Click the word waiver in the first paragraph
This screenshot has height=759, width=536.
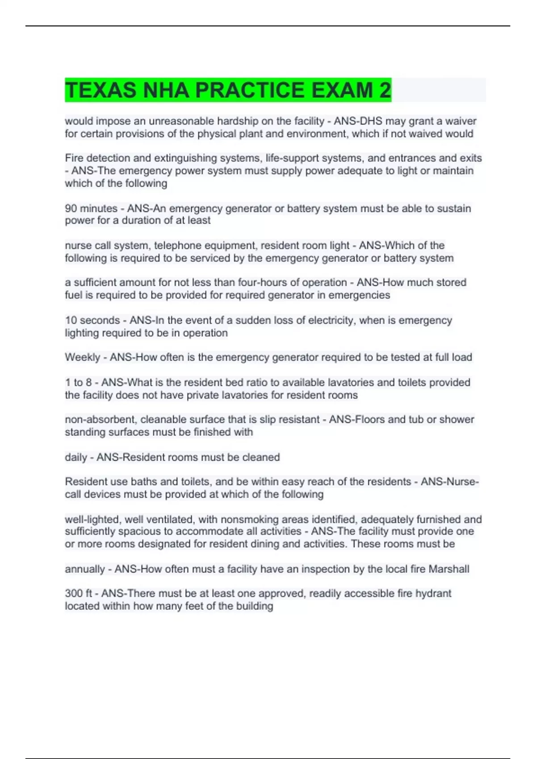click(461, 121)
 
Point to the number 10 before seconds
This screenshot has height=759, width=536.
click(71, 321)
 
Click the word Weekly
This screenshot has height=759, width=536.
click(82, 357)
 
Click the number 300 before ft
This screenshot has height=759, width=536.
click(74, 594)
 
